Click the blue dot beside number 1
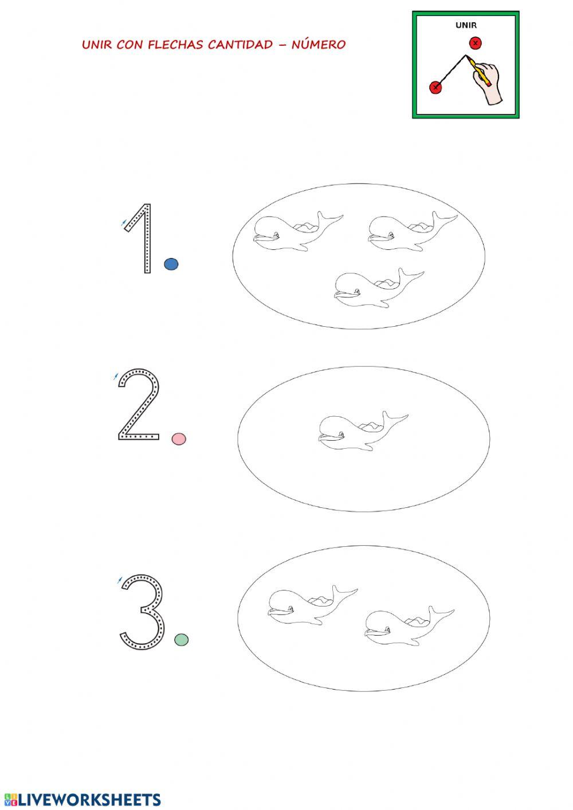point(171,264)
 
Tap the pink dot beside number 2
point(179,439)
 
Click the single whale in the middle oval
point(363,431)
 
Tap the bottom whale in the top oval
point(379,288)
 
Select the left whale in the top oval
point(299,232)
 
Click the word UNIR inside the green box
point(466,25)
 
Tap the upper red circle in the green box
point(476,44)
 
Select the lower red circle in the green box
point(435,87)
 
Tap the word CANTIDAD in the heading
point(241,45)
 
